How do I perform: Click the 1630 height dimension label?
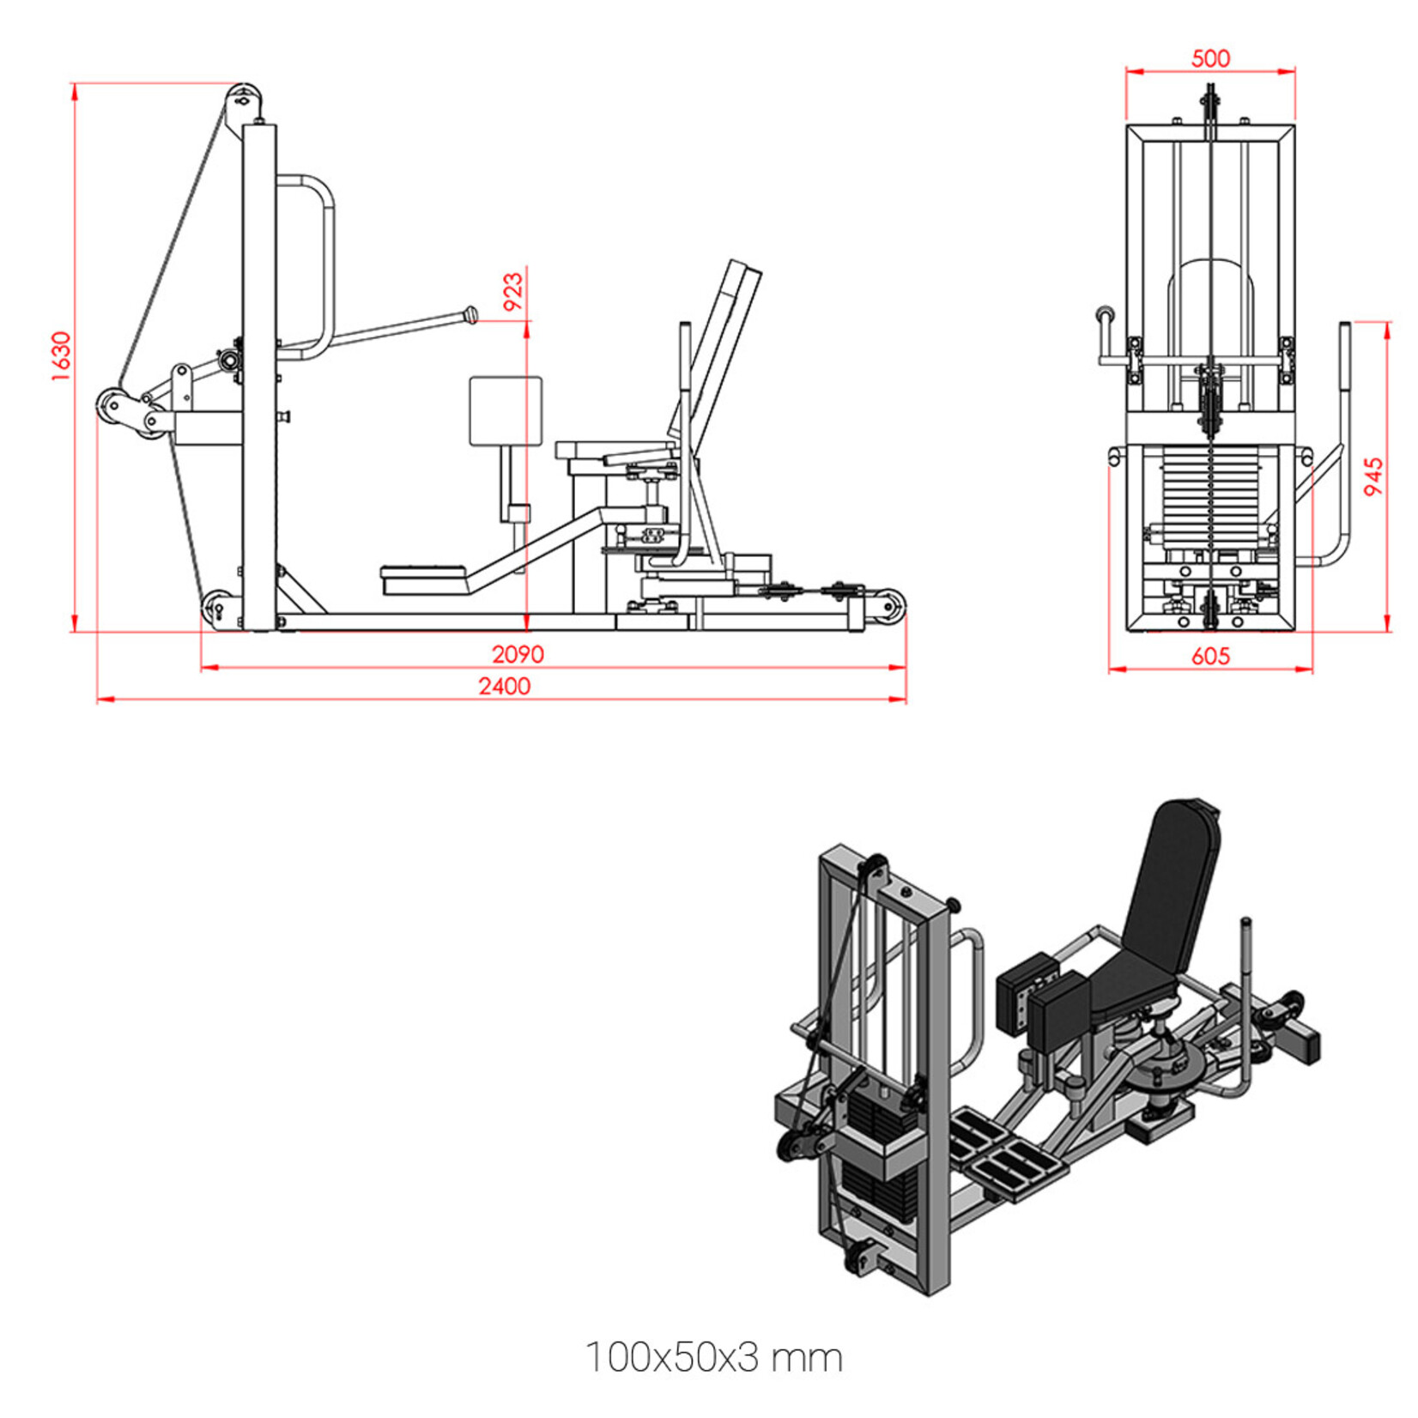(60, 356)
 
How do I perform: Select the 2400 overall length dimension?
(505, 687)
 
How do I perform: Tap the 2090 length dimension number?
(518, 655)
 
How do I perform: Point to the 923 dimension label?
(512, 292)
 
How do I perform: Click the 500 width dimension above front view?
(1210, 58)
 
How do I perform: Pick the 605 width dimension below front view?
(1210, 657)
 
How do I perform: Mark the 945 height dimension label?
(1374, 476)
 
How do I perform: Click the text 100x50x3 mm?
(714, 1358)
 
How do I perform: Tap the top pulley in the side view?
(244, 100)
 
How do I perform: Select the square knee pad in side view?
(506, 410)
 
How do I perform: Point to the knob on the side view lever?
(470, 315)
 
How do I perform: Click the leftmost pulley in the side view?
(112, 404)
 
